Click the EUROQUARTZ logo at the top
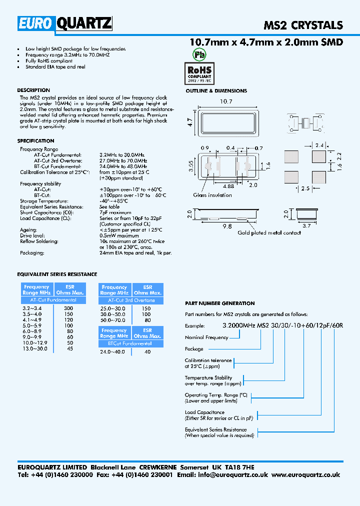(x=65, y=23)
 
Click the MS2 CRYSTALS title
(x=303, y=25)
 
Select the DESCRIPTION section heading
(x=33, y=90)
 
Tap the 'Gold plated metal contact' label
(x=269, y=232)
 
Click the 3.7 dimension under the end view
(x=307, y=225)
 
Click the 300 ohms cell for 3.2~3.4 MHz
(x=68, y=308)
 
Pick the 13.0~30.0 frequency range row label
(x=35, y=348)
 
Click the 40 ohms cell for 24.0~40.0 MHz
(x=147, y=351)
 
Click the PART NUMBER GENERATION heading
(x=219, y=303)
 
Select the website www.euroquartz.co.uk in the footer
(x=306, y=475)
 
